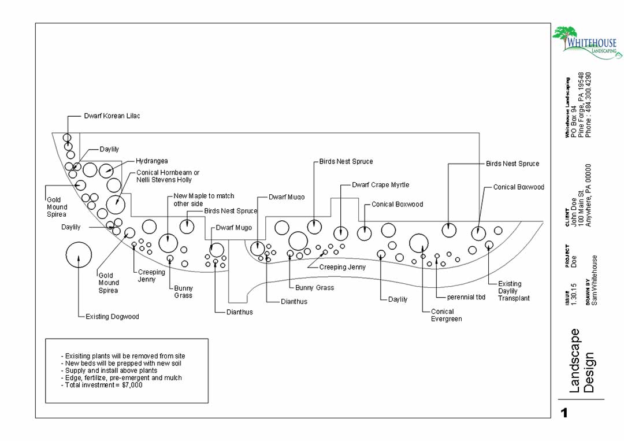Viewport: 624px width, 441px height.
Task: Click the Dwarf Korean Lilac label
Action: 112,116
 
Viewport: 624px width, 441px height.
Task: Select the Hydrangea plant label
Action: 152,161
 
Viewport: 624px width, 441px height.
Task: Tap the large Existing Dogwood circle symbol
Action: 79,255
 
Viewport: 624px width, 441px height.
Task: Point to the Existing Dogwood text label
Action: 112,317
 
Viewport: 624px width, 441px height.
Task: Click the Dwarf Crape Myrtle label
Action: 380,185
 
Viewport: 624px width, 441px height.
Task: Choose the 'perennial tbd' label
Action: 466,298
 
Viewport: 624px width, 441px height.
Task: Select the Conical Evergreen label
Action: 446,315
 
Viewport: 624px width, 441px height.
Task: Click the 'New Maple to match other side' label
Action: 203,200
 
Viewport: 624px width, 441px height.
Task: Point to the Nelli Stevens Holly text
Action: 164,180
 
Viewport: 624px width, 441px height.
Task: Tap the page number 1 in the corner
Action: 564,413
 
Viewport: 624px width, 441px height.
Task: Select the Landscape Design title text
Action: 581,361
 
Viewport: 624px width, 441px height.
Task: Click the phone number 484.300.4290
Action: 589,105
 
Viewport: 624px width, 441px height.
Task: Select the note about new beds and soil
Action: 123,364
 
